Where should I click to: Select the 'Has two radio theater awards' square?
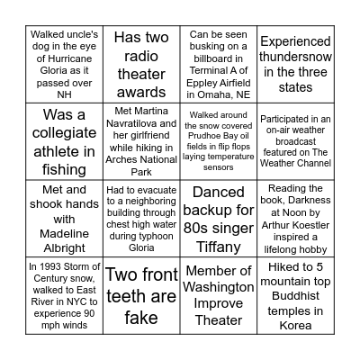pyautogui.click(x=140, y=64)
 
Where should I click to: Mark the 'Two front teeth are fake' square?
pyautogui.click(x=140, y=296)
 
